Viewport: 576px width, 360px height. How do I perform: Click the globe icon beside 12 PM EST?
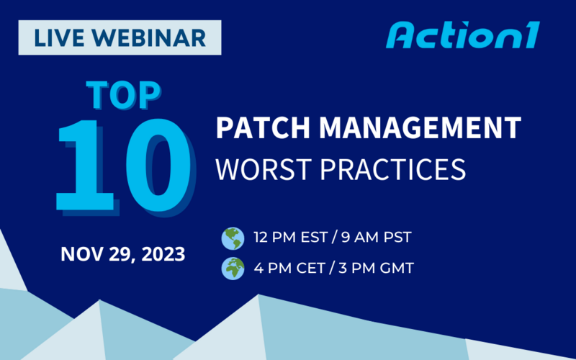233,238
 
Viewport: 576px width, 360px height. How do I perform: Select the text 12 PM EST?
289,238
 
